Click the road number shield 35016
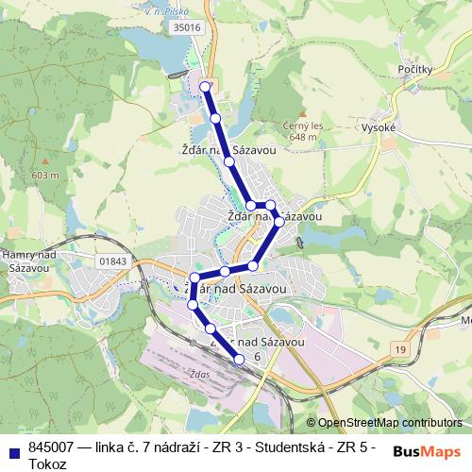tap(187, 28)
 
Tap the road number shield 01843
tap(111, 261)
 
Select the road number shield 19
tap(401, 350)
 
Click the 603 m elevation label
tap(44, 176)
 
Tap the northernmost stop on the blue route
tap(205, 87)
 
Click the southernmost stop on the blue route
tap(239, 359)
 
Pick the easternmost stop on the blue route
tap(278, 224)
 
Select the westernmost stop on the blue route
tap(193, 305)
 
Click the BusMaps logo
tap(427, 450)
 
